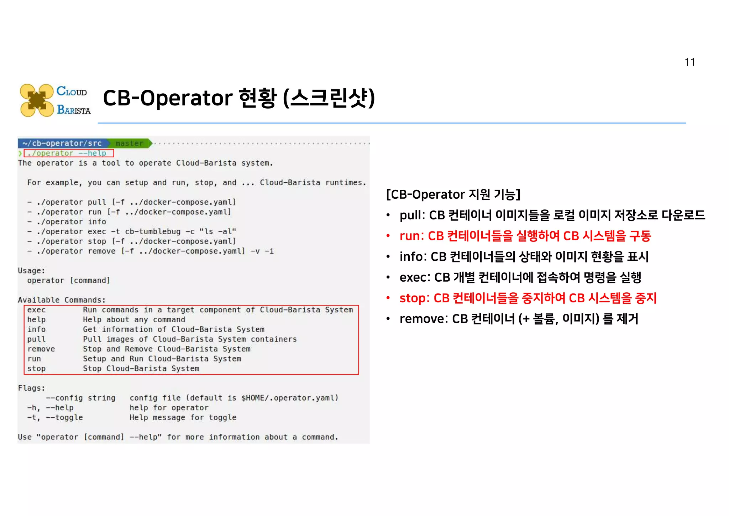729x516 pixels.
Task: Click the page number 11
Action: point(689,62)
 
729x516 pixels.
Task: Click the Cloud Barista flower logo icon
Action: point(37,100)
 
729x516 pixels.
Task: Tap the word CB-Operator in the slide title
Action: point(168,98)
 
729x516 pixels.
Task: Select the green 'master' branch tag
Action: point(129,144)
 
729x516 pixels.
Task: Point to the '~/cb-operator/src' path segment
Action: point(62,144)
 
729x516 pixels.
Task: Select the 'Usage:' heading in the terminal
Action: point(31,271)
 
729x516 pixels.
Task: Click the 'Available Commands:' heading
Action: point(62,300)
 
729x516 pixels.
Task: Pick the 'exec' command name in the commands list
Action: point(36,310)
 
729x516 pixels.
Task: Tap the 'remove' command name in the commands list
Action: point(41,349)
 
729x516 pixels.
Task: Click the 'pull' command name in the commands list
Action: point(36,339)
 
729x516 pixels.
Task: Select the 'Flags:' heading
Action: point(31,388)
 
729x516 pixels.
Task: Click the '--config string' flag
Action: point(80,398)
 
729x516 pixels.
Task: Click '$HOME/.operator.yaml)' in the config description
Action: point(290,398)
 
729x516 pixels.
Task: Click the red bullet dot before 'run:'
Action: point(388,236)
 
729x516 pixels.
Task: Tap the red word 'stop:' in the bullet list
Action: point(414,298)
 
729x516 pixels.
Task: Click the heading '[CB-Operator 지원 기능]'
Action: point(453,194)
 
